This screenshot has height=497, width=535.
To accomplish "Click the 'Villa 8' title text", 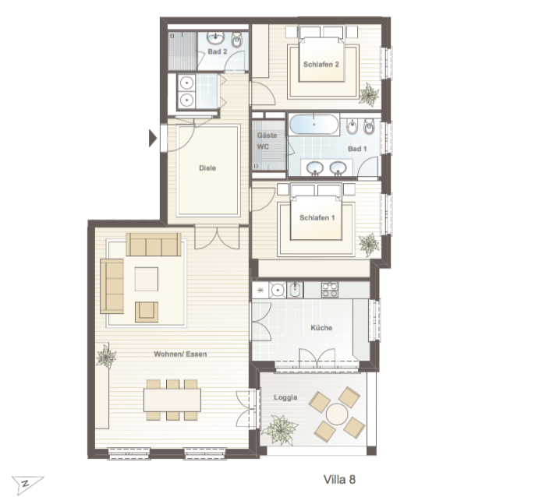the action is (x=339, y=479).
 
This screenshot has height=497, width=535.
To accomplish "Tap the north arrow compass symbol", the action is (x=27, y=485).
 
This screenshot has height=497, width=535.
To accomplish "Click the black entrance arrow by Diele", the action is (x=153, y=139).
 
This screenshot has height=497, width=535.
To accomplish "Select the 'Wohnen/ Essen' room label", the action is (x=180, y=354).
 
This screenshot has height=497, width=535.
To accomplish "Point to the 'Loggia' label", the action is (x=285, y=397).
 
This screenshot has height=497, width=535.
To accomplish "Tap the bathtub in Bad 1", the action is (x=314, y=125).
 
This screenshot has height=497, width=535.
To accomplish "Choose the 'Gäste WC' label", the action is (x=267, y=141).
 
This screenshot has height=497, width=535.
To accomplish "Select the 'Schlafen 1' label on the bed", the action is (x=317, y=217).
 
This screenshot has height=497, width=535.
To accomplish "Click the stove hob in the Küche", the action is (x=329, y=290).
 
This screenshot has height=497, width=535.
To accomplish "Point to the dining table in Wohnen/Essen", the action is (x=172, y=400).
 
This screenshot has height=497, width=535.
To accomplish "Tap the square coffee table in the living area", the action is (x=147, y=279).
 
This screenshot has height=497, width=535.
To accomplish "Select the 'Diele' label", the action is (x=207, y=168).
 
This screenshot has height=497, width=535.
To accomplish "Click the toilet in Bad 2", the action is (x=236, y=40).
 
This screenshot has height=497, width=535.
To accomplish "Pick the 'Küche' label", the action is (x=321, y=328).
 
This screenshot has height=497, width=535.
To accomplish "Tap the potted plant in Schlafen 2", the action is (x=369, y=93).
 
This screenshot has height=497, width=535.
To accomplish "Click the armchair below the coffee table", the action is (x=147, y=312).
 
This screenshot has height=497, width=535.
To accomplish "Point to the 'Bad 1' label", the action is (x=357, y=149).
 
